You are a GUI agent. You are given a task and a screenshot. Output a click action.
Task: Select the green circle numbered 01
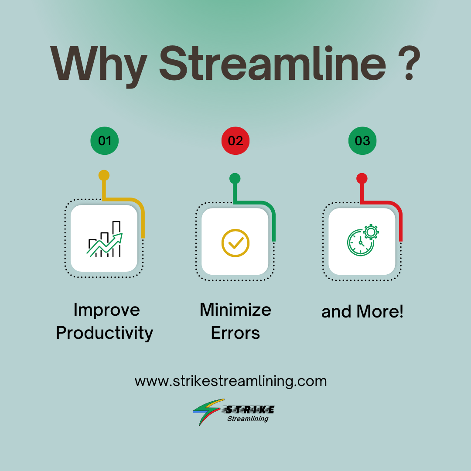pos(104,140)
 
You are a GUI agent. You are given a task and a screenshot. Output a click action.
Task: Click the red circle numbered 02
pos(235,140)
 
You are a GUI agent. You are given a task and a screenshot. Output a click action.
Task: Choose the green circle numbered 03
pos(362,140)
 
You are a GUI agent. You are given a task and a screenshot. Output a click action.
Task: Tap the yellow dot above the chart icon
pos(104,175)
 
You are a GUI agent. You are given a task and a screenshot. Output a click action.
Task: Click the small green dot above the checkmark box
pos(235,178)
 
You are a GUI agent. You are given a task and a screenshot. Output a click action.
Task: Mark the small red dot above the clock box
pos(362,178)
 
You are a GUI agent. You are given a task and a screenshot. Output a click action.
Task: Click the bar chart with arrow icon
pos(105,240)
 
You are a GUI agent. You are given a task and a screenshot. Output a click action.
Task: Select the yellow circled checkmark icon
pos(235,242)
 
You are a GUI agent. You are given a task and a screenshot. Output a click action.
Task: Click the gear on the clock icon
pos(371,232)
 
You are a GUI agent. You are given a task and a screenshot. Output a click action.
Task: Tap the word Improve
pos(106,310)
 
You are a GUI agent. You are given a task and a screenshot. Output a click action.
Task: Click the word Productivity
pos(105,333)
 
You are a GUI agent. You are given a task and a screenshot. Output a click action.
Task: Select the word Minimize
pos(235,310)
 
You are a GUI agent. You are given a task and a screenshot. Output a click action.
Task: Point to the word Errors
pos(235,333)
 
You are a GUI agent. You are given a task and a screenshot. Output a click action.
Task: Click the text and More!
pos(362,312)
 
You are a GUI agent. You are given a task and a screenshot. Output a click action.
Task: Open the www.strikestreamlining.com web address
pos(231,381)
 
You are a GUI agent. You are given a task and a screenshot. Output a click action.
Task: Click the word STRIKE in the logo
pos(249,410)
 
